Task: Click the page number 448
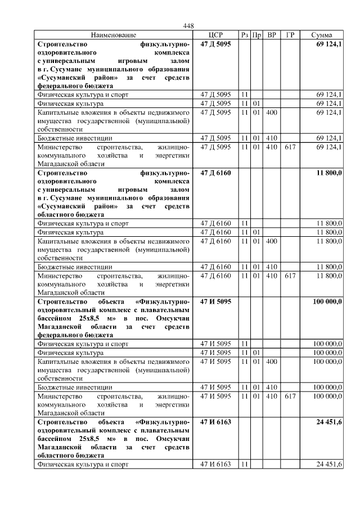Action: click(188, 26)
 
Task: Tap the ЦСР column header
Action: click(215, 35)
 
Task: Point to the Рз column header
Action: click(245, 35)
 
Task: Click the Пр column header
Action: click(256, 35)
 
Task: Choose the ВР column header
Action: click(272, 35)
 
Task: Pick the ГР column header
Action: click(290, 35)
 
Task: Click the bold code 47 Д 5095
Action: click(215, 43)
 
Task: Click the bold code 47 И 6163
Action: click(215, 422)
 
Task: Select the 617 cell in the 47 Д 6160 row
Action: click(290, 276)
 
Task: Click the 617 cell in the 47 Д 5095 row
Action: click(290, 147)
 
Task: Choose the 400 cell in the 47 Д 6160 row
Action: click(272, 241)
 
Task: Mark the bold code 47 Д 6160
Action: click(215, 172)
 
